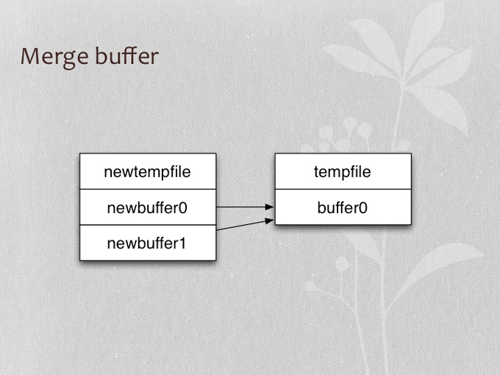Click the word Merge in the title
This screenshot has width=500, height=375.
click(x=54, y=57)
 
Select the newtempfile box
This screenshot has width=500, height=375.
click(x=148, y=171)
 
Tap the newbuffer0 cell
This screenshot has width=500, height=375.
click(x=148, y=207)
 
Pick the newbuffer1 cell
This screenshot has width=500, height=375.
click(x=148, y=243)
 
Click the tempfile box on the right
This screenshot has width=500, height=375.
click(x=343, y=171)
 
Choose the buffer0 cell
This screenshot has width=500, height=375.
click(x=343, y=207)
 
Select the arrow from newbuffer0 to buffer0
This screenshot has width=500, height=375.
click(x=245, y=207)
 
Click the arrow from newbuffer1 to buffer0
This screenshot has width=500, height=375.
click(x=245, y=225)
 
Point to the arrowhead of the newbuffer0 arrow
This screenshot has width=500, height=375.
click(x=270, y=207)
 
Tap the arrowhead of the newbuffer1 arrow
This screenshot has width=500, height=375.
click(x=270, y=221)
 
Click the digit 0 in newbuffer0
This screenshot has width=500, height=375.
click(x=182, y=208)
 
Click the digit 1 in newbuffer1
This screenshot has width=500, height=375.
click(x=182, y=243)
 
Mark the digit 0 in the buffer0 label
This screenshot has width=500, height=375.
click(x=363, y=208)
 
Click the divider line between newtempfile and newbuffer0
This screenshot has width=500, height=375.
click(x=148, y=189)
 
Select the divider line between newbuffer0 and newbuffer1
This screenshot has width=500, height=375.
click(x=148, y=225)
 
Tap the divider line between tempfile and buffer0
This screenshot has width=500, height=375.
click(x=343, y=189)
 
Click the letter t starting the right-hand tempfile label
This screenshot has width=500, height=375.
click(x=316, y=172)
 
